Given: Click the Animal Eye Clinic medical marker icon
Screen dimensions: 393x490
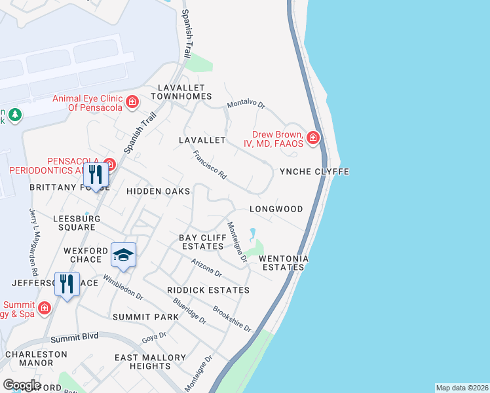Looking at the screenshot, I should tap(132, 102).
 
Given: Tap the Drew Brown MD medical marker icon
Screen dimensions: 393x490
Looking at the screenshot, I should tap(313, 137).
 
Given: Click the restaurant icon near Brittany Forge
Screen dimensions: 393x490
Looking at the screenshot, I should tap(96, 175).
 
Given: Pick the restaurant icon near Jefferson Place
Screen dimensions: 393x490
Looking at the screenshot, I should tap(66, 284).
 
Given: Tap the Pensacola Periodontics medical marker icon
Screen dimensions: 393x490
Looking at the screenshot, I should tap(109, 164).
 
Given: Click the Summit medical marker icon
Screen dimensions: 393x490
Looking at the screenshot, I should tap(44, 307).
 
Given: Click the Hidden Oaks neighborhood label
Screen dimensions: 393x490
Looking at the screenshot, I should tap(158, 191).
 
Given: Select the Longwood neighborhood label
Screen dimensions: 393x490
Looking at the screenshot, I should tap(276, 209).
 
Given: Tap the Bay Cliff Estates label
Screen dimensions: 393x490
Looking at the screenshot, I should tap(202, 241).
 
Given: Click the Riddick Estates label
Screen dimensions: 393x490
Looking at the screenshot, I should tap(208, 290).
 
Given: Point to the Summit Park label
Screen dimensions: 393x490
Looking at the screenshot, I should tap(145, 317).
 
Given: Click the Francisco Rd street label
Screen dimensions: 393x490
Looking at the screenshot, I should tap(210, 166).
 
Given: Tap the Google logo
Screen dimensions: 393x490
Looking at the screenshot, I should tap(21, 384).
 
